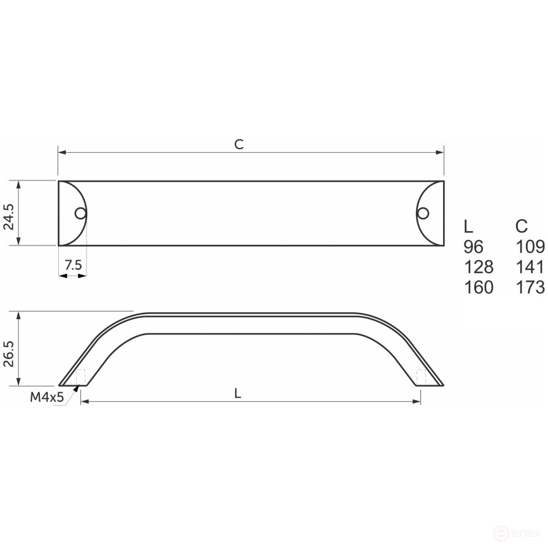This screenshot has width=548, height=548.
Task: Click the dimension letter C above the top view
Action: pyautogui.click(x=239, y=144)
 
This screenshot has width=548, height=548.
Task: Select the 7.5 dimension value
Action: pyautogui.click(x=72, y=265)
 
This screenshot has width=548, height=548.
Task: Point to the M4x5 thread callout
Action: pyautogui.click(x=47, y=397)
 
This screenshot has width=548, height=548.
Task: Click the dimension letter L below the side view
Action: pyautogui.click(x=237, y=394)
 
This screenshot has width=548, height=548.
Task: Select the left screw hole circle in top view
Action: pyautogui.click(x=80, y=214)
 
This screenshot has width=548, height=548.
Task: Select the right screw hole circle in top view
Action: pyautogui.click(x=422, y=213)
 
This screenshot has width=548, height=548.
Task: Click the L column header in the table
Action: pyautogui.click(x=468, y=226)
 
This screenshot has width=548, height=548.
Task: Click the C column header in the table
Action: pyautogui.click(x=522, y=226)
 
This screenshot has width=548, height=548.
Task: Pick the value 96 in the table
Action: pyautogui.click(x=474, y=247)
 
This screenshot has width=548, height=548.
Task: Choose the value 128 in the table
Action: pyautogui.click(x=478, y=267)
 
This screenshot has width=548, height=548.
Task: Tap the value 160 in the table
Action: pyautogui.click(x=478, y=287)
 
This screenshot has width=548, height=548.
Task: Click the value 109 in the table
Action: pyautogui.click(x=530, y=247)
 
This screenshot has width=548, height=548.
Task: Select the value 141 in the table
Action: pyautogui.click(x=530, y=267)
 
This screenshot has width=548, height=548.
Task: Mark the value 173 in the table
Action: pyautogui.click(x=530, y=287)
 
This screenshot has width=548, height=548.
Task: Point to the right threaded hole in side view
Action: pyautogui.click(x=421, y=377)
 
